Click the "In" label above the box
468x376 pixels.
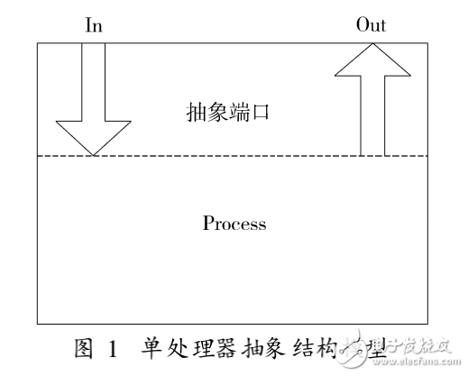click(x=94, y=25)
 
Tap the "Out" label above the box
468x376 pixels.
click(x=371, y=25)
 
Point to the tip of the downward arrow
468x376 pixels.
click(x=93, y=154)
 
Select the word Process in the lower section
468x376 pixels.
click(x=234, y=223)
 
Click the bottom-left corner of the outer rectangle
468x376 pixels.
click(x=36, y=324)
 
